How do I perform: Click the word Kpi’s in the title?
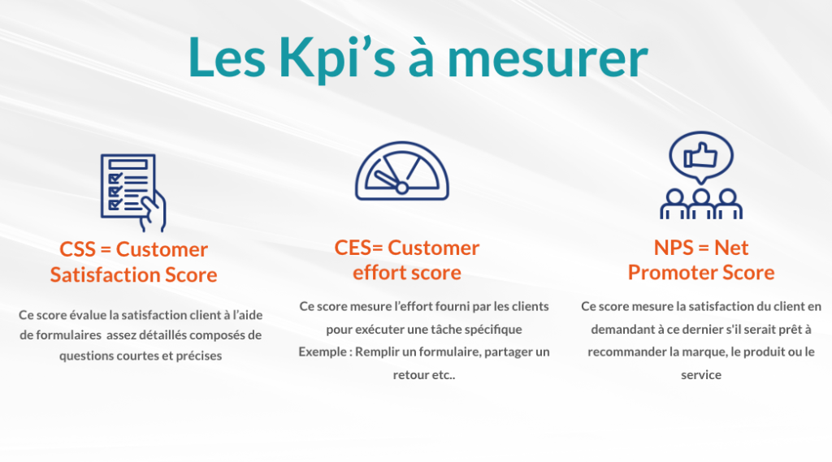(337, 58)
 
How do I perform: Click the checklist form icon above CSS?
(133, 192)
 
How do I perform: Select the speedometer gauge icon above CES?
(402, 171)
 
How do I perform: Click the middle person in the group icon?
(701, 204)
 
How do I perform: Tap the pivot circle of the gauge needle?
(402, 188)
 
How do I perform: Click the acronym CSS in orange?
(77, 249)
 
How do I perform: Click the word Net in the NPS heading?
(731, 248)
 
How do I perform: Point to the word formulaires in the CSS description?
(68, 335)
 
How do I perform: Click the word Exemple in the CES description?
(322, 352)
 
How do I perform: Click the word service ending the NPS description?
(701, 374)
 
